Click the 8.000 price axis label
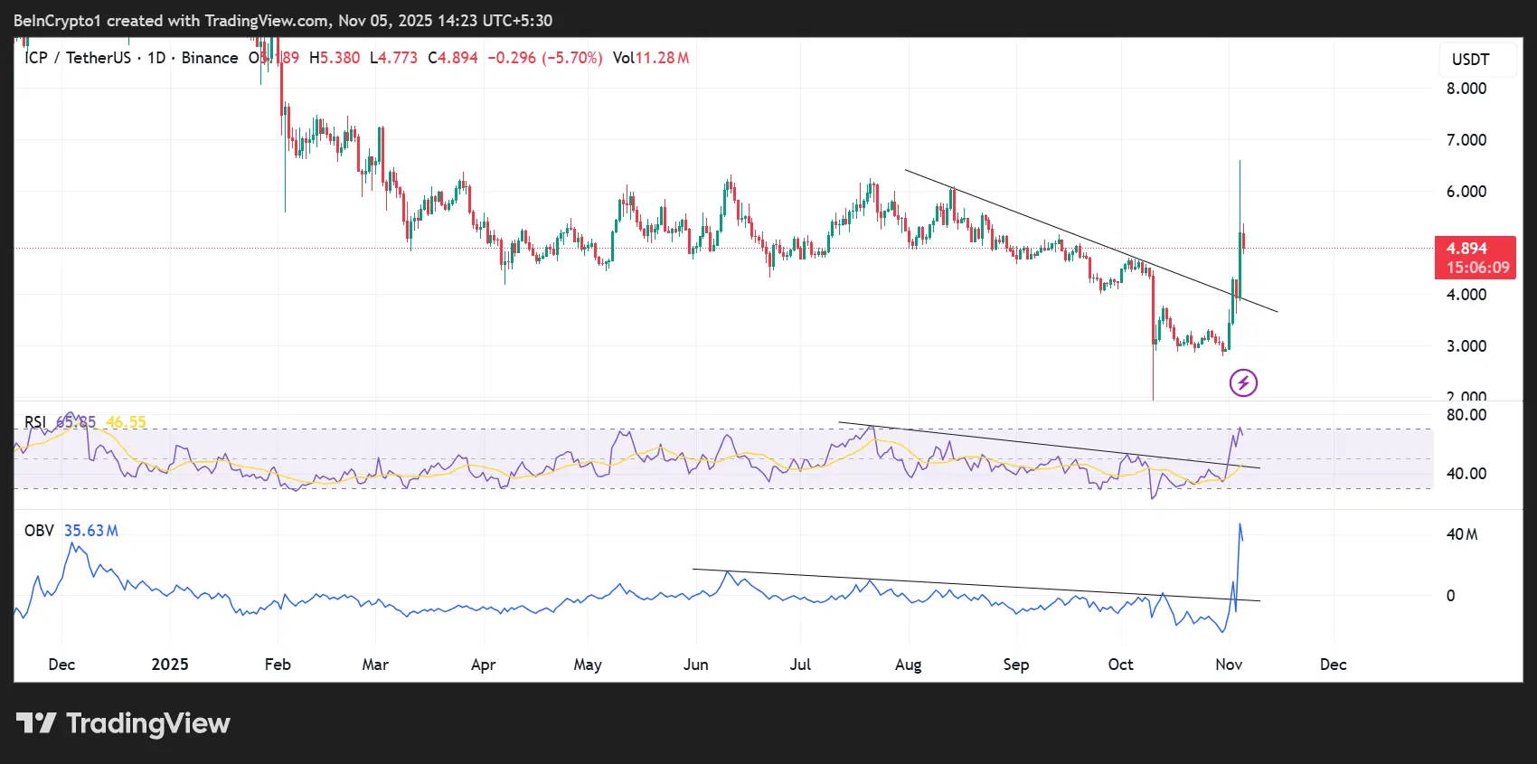(1466, 89)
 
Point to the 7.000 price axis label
(1466, 140)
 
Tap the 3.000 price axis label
(1466, 346)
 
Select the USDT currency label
(1470, 60)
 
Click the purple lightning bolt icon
(1243, 383)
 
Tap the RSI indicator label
(35, 422)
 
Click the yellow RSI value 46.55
(126, 422)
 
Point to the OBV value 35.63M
(90, 531)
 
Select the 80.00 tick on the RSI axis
(1466, 415)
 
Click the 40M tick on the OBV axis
(1461, 534)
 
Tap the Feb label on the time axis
(278, 665)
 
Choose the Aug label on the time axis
(908, 665)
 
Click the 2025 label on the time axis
(170, 665)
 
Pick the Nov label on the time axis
(1228, 665)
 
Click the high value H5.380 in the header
(335, 58)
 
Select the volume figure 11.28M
(662, 58)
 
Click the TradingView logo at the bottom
(124, 723)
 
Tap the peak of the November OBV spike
(1240, 524)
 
